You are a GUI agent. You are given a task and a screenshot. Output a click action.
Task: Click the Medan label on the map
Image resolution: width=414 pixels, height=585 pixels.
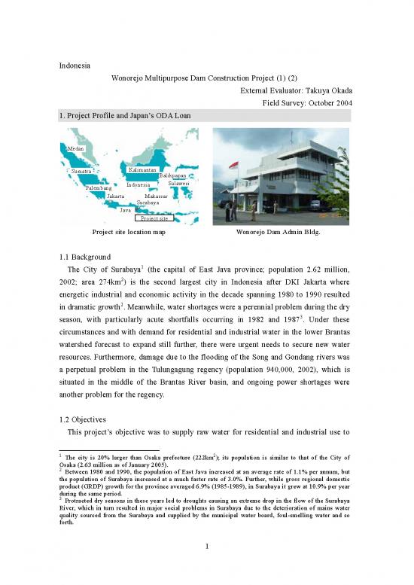(x=75, y=149)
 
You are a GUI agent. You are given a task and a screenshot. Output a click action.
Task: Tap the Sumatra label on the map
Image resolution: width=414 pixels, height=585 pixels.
(x=81, y=172)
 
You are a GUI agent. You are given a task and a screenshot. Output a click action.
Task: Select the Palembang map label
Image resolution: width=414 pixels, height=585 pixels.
(x=98, y=187)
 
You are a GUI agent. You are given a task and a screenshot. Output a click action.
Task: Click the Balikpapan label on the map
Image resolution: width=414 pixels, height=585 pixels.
(x=173, y=175)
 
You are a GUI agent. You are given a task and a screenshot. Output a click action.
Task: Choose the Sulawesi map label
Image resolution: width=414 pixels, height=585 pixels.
(x=178, y=183)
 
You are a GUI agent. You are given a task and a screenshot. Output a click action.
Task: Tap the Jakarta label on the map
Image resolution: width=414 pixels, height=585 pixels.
(x=116, y=196)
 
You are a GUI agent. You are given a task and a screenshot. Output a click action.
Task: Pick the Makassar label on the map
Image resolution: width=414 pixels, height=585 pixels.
(x=157, y=196)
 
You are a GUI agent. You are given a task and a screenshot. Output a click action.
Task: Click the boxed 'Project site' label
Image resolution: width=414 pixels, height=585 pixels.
(x=154, y=218)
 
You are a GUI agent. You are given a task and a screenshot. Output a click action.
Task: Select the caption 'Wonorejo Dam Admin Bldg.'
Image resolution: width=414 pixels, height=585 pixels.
(x=278, y=233)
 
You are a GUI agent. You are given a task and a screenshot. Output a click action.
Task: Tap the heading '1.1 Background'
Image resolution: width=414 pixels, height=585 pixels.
(x=89, y=256)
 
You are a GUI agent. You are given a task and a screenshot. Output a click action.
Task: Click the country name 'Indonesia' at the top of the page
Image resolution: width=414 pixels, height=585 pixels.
(x=77, y=66)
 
